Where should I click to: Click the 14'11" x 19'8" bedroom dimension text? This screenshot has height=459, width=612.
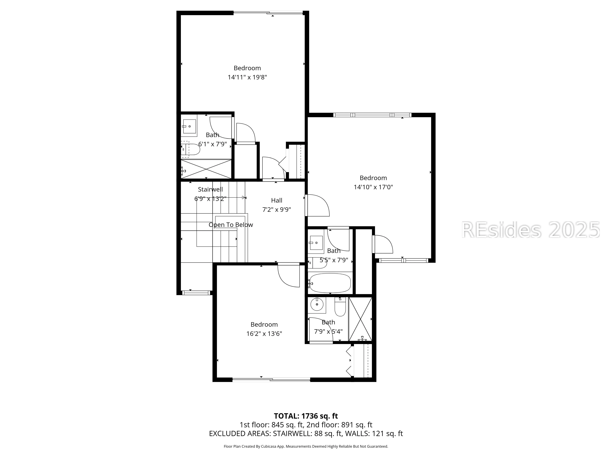(x=247, y=77)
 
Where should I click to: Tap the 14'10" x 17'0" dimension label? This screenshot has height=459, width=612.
(x=373, y=187)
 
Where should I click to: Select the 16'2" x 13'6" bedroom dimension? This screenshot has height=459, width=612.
(x=264, y=334)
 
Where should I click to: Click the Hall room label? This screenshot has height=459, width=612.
(x=277, y=200)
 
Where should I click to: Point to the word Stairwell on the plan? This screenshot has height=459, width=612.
(x=210, y=190)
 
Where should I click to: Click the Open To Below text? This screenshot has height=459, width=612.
(x=231, y=225)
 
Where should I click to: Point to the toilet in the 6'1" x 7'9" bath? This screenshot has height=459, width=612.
(x=190, y=149)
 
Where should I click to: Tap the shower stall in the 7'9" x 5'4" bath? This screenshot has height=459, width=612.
(x=360, y=319)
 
